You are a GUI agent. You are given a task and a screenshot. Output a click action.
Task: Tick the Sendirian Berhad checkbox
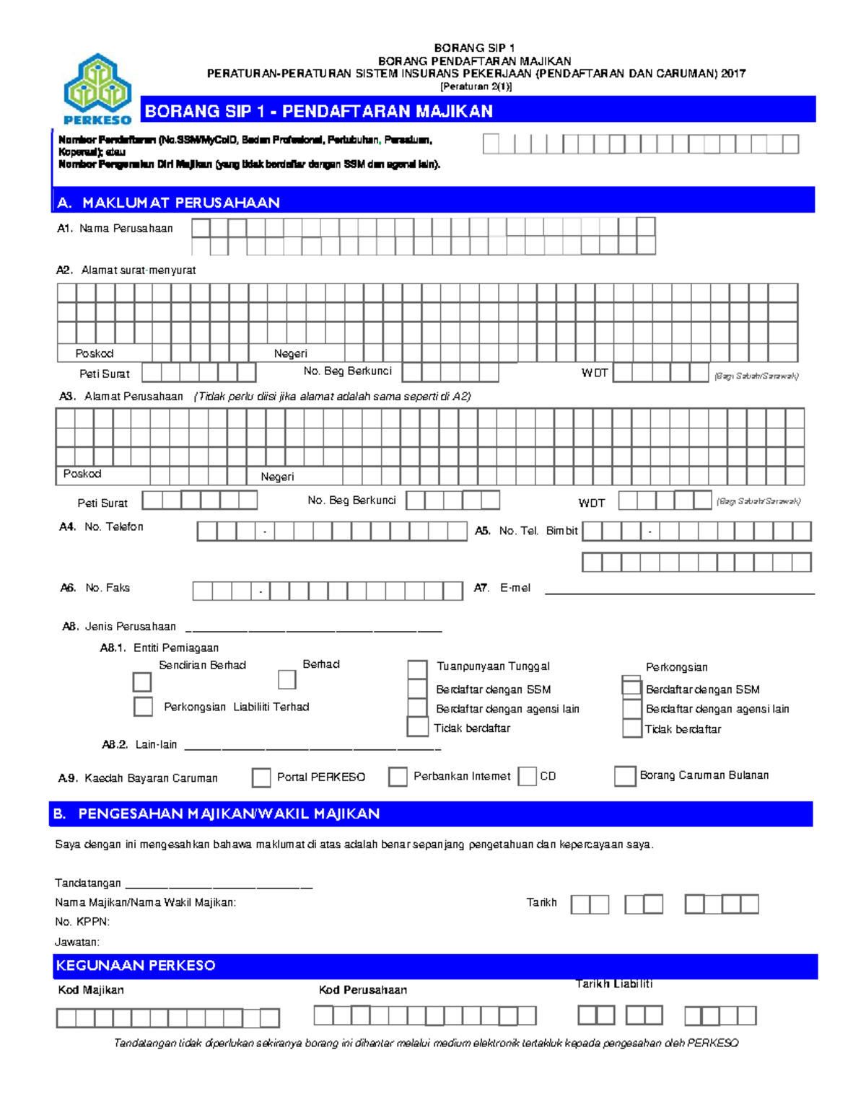(x=142, y=682)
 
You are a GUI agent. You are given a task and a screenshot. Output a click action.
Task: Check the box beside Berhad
(x=287, y=679)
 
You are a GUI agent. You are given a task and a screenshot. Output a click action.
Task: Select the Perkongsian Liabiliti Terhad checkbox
(x=143, y=706)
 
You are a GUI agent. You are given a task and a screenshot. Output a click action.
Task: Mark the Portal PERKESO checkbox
(x=261, y=777)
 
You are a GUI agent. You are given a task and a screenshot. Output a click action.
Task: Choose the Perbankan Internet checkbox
(x=398, y=777)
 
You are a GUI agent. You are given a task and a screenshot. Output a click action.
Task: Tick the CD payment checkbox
(x=528, y=777)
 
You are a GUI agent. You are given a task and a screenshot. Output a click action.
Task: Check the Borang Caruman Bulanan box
(x=625, y=776)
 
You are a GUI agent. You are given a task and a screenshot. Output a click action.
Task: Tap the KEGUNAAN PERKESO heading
(x=136, y=966)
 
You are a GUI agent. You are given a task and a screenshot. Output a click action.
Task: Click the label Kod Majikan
(x=91, y=990)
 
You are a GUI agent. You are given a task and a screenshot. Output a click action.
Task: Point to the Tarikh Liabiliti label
(x=614, y=984)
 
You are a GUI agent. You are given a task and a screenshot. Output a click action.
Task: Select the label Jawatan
(x=77, y=942)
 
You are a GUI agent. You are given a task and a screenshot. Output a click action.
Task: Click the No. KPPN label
(x=82, y=922)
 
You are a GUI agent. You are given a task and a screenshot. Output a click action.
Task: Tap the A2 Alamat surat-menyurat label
(x=126, y=270)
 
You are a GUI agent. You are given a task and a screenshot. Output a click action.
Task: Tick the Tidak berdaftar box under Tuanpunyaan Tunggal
(x=418, y=726)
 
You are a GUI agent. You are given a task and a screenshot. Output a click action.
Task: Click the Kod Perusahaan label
(x=362, y=990)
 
